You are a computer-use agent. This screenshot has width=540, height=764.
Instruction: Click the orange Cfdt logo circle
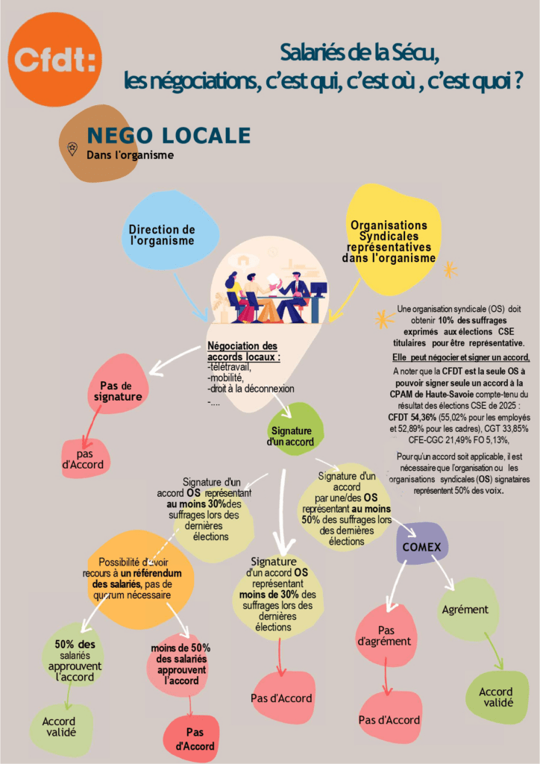pyautogui.click(x=54, y=59)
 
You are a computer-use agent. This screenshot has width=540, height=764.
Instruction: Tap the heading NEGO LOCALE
pyautogui.click(x=169, y=135)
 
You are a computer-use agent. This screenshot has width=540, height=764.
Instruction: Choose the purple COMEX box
pyautogui.click(x=421, y=547)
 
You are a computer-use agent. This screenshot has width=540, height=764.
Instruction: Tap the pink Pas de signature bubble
pyautogui.click(x=121, y=391)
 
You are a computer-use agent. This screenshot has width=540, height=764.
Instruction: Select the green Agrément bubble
pyautogui.click(x=465, y=610)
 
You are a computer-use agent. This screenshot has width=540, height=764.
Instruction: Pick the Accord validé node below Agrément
pyautogui.click(x=496, y=697)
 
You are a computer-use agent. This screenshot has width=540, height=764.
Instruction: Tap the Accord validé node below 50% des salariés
pyautogui.click(x=59, y=727)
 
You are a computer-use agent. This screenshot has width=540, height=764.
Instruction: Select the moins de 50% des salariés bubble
pyautogui.click(x=180, y=663)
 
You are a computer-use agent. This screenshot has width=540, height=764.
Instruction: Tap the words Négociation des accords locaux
pyautogui.click(x=242, y=351)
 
